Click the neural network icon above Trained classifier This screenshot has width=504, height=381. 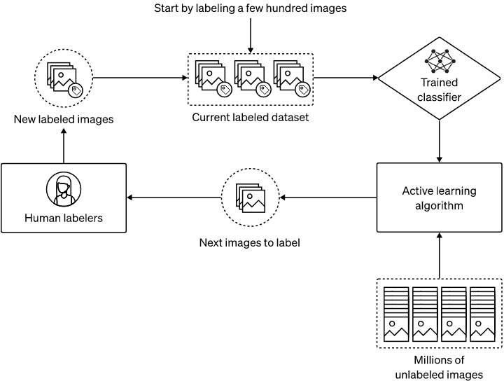[x=440, y=61]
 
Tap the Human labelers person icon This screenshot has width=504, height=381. [x=64, y=190]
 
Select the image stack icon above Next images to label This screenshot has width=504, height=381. [x=250, y=198]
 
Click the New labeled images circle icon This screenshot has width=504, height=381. [x=64, y=78]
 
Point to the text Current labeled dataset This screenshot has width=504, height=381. [x=251, y=117]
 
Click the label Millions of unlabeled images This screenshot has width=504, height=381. [x=439, y=367]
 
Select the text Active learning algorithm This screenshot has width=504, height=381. [x=439, y=198]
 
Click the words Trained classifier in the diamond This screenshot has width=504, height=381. [x=440, y=90]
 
